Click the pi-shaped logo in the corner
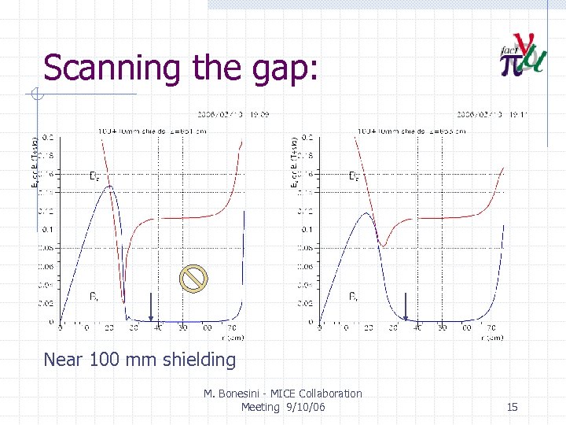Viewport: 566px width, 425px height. pyautogui.click(x=522, y=57)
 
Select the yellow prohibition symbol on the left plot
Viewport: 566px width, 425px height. pyautogui.click(x=193, y=277)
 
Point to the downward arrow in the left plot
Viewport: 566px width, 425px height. pyautogui.click(x=151, y=306)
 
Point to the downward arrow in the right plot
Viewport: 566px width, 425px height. pyautogui.click(x=406, y=306)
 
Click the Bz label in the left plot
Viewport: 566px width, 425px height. pyautogui.click(x=94, y=176)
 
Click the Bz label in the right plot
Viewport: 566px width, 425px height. pyautogui.click(x=355, y=176)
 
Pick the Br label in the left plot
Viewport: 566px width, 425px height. pyautogui.click(x=94, y=297)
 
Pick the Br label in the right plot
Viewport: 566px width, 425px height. pyautogui.click(x=354, y=297)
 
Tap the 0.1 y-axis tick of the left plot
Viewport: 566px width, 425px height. pyautogui.click(x=48, y=230)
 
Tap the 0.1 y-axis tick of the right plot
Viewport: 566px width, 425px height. pyautogui.click(x=308, y=230)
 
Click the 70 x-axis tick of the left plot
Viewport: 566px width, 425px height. pyautogui.click(x=232, y=327)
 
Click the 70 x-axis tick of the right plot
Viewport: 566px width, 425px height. pyautogui.click(x=491, y=327)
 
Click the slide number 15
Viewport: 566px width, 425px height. pyautogui.click(x=512, y=407)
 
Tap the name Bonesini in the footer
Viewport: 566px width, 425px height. pyautogui.click(x=251, y=394)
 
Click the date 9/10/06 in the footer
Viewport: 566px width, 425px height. pyautogui.click(x=304, y=407)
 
